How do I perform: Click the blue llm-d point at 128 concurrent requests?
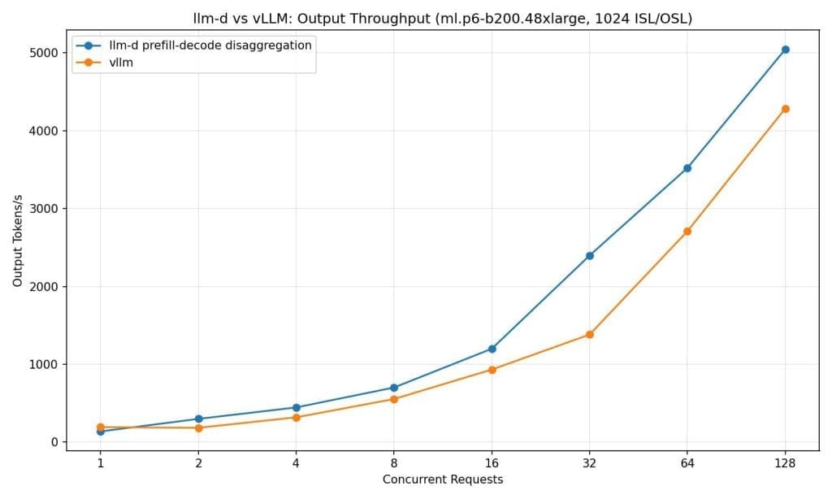click(x=785, y=50)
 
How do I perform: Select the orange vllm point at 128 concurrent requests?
click(x=785, y=109)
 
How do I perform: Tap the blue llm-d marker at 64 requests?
click(x=687, y=168)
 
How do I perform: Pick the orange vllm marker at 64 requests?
click(x=687, y=232)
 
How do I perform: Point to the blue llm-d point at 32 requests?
click(x=590, y=256)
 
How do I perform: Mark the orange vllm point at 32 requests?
click(x=590, y=335)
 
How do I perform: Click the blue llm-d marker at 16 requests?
click(x=492, y=349)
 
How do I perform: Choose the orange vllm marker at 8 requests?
click(x=394, y=399)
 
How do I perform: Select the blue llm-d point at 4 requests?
click(x=296, y=408)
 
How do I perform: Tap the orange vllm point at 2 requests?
click(x=198, y=427)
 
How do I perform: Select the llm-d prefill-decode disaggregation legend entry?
click(x=203, y=46)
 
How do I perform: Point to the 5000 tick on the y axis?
click(x=46, y=53)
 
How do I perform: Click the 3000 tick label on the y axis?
click(x=46, y=209)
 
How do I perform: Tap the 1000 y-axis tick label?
click(x=46, y=364)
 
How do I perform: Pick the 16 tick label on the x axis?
click(x=492, y=463)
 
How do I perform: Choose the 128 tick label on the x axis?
click(x=785, y=463)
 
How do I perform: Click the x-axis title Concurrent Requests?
click(x=443, y=479)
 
